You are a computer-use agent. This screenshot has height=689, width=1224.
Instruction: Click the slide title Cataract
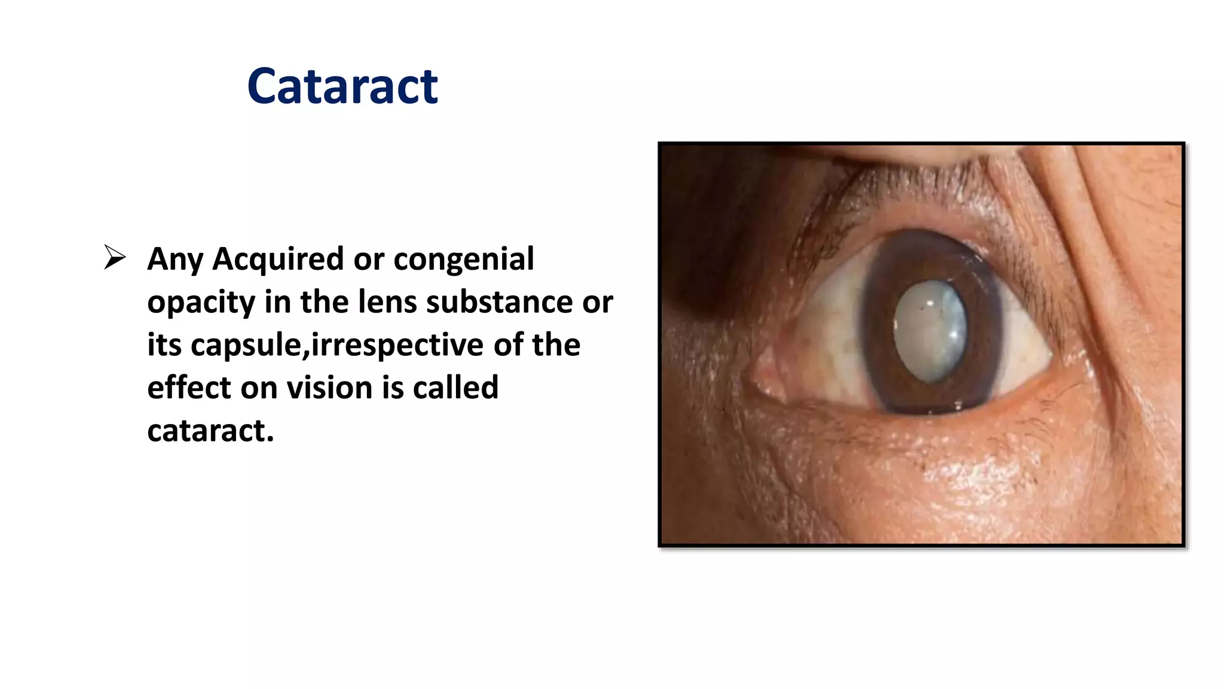coord(342,86)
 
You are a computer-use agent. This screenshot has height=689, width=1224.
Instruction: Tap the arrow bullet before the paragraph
coord(115,257)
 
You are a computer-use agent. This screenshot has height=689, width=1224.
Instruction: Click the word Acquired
coord(278,259)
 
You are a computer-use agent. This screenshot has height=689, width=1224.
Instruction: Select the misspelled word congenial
coord(464,259)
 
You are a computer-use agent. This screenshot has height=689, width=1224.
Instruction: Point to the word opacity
coord(201,302)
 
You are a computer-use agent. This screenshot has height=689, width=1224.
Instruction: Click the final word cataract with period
coord(210,431)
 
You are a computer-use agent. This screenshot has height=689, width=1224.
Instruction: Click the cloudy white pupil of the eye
coord(930,331)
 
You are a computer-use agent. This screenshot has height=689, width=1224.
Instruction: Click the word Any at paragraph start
coord(175,259)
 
